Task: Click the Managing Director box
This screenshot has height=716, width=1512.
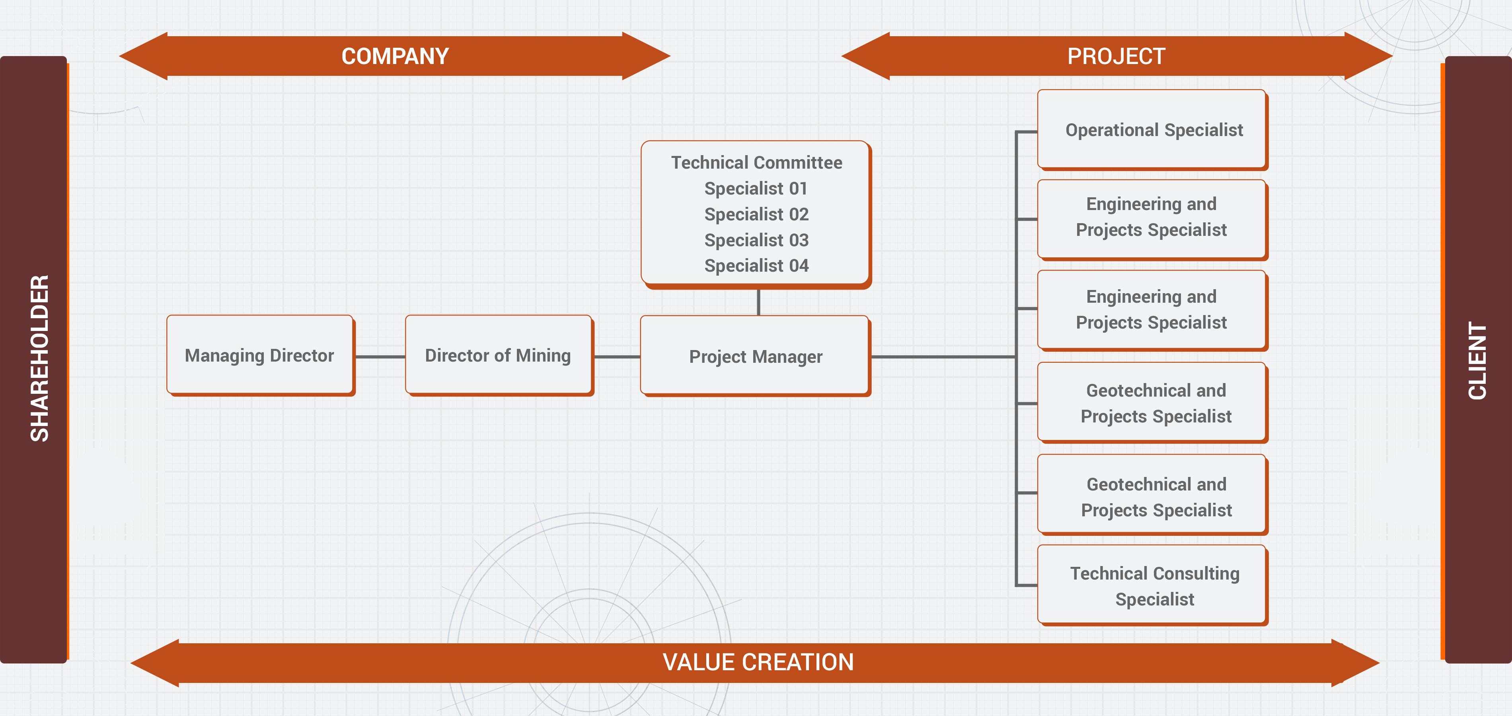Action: [x=259, y=355]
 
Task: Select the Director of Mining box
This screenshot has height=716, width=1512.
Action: [x=498, y=355]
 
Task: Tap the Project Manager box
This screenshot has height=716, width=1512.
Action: [x=756, y=356]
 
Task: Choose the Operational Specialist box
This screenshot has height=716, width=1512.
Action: [x=1153, y=130]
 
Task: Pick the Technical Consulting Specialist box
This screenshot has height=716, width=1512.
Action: [x=1153, y=586]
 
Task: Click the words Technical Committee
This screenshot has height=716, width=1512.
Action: [x=756, y=163]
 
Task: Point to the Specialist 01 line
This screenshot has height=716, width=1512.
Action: [x=756, y=189]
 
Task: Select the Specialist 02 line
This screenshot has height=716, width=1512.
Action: [x=756, y=214]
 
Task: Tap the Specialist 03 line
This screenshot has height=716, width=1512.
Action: [x=756, y=240]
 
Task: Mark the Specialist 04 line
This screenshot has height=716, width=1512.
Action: [x=756, y=266]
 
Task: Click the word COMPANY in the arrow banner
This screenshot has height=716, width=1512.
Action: [x=395, y=56]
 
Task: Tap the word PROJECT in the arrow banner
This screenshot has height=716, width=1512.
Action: [x=1116, y=56]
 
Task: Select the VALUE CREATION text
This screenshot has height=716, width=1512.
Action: [x=758, y=662]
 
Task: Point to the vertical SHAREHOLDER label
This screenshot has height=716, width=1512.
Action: [x=39, y=358]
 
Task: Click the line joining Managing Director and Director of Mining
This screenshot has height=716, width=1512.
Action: [x=380, y=356]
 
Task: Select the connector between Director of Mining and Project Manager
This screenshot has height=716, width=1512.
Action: [x=617, y=356]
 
